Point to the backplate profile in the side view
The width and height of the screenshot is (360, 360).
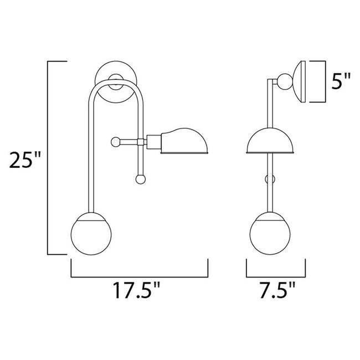pos(300,81)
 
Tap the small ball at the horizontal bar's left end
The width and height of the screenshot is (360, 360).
pos(115,141)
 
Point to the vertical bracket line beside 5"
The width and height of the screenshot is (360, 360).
pos(323,81)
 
